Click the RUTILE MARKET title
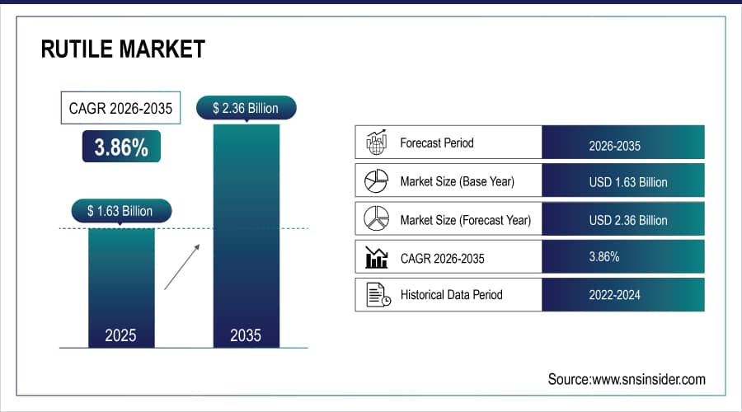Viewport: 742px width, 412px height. [123, 50]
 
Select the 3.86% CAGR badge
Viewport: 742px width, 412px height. [121, 147]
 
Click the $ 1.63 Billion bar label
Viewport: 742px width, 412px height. [120, 211]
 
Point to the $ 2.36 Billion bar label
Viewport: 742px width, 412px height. [245, 108]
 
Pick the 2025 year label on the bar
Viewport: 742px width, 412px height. [120, 335]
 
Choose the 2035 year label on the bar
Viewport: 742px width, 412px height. [245, 335]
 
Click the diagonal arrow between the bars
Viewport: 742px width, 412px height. [181, 265]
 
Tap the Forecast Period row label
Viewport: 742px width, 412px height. [437, 143]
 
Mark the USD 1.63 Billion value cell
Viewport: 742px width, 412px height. [622, 181]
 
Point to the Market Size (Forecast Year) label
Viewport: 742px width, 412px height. [465, 220]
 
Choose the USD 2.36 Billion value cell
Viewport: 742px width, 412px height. [622, 220]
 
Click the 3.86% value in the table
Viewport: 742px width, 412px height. [603, 257]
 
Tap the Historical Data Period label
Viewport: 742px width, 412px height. [451, 294]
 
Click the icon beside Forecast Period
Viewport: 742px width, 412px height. [376, 143]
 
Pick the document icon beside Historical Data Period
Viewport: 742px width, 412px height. [377, 294]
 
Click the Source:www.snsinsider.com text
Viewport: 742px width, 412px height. [627, 379]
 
